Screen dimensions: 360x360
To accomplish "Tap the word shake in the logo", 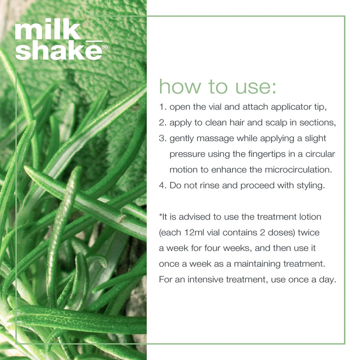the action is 58,50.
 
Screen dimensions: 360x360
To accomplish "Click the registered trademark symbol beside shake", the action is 105,47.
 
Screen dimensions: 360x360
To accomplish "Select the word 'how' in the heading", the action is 180,86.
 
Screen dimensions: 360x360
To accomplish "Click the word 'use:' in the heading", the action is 256,87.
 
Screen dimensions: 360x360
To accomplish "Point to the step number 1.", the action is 162,107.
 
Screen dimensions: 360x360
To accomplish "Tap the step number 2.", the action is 162,122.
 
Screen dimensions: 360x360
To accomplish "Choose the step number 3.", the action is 162,138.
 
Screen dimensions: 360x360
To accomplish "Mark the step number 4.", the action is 162,185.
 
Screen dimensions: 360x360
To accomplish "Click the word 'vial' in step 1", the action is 216,107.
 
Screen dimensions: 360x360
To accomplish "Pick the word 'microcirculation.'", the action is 298,170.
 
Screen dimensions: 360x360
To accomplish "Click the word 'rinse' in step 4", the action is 210,185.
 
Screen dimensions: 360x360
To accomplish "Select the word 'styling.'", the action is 311,186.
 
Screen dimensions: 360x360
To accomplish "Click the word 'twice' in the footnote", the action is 309,233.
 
